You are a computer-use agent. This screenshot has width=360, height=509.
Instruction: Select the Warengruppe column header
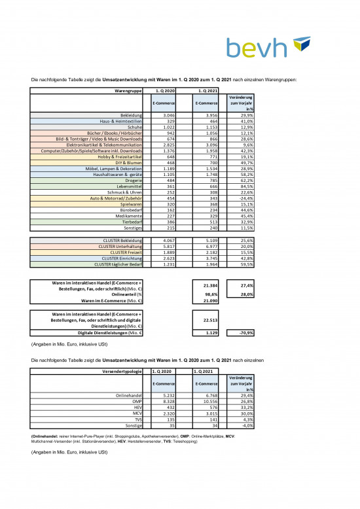click(128, 90)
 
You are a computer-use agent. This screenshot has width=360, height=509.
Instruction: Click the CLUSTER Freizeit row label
click(128, 252)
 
